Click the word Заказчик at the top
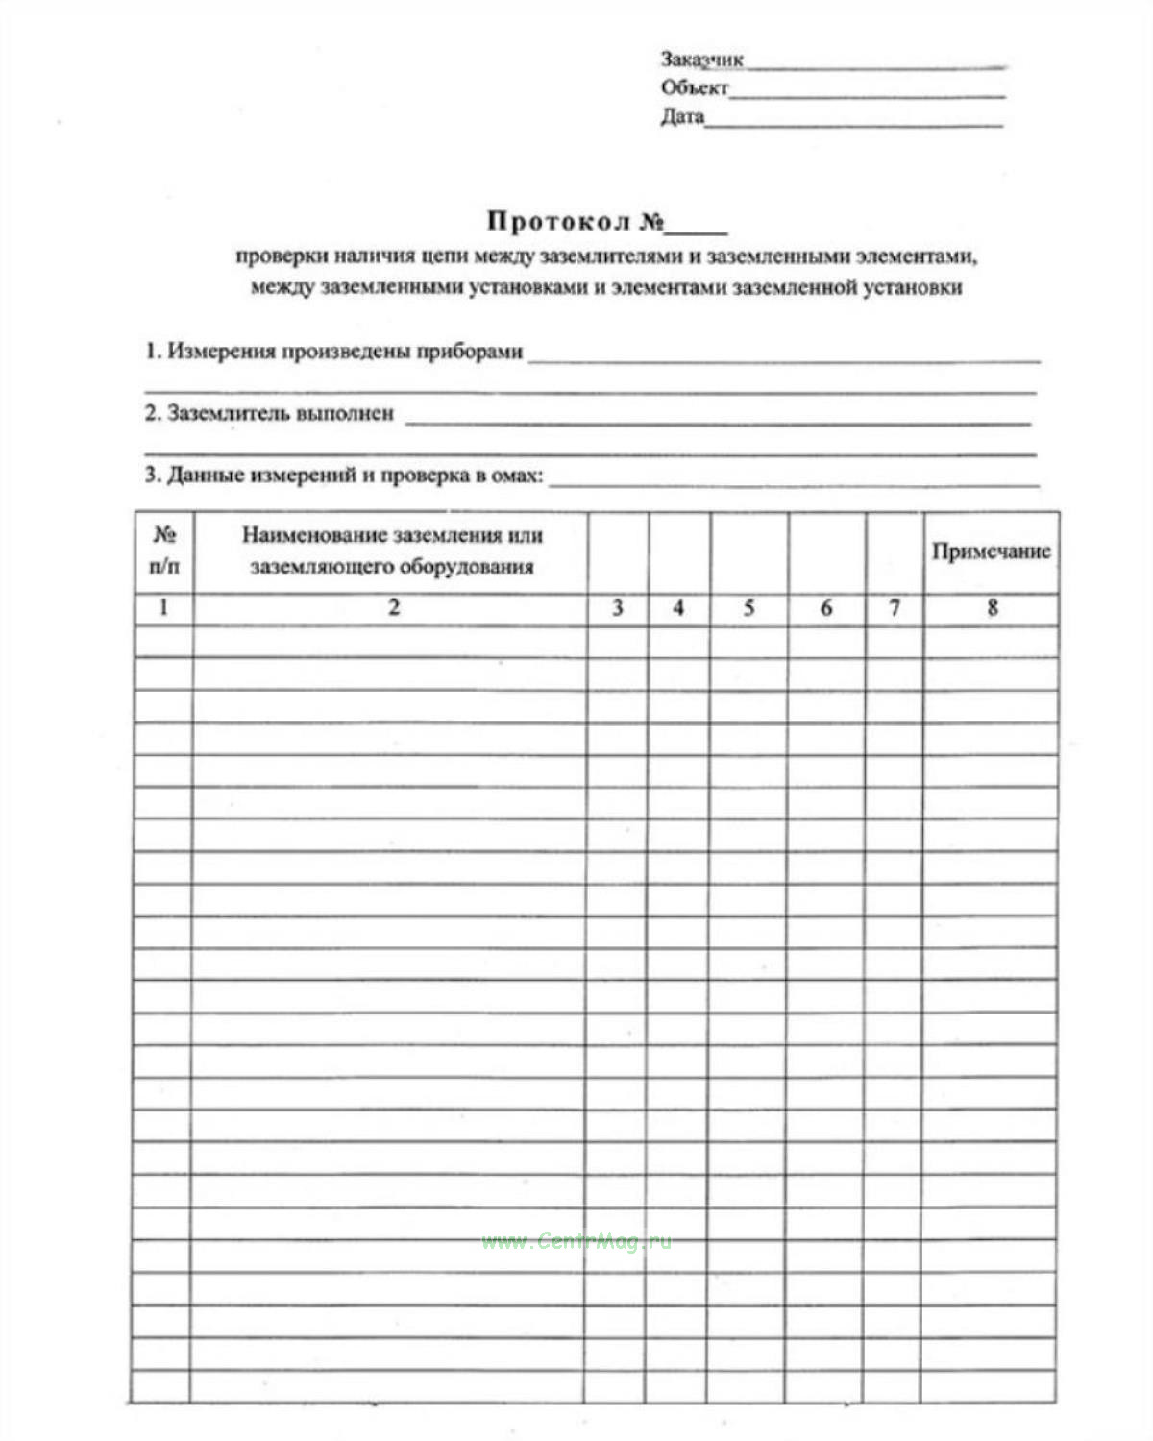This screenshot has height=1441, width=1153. pos(701,60)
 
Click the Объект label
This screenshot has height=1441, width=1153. pos(694,88)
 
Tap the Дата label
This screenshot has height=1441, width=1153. pos(682,117)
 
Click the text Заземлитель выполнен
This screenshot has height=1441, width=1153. pos(269,414)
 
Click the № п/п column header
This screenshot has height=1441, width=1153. pos(164,550)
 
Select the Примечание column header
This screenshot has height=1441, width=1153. pos(991,551)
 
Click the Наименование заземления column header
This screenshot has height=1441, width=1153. pos(392,550)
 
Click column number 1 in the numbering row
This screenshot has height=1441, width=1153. pos(163,607)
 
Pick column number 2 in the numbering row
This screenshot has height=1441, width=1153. pos(393,607)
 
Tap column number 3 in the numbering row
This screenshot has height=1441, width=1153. pos(617,607)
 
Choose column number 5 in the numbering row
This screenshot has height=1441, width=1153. pos(748,607)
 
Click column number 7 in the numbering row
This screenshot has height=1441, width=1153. pos(894,607)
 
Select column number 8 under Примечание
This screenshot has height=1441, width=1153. pos(992,607)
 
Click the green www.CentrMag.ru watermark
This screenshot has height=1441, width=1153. pos(576,1241)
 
